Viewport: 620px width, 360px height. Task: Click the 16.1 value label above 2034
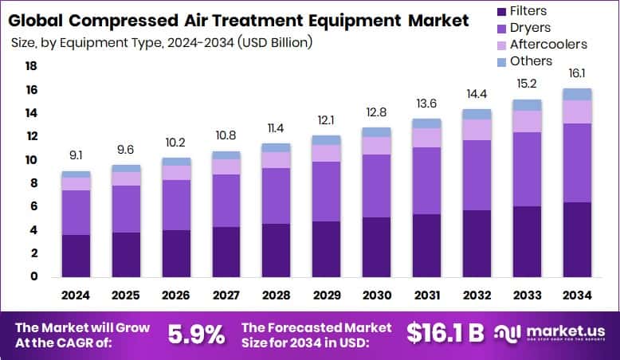click(577, 73)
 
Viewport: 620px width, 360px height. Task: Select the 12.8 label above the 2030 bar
click(376, 112)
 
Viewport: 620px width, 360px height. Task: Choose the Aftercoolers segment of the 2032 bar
click(477, 130)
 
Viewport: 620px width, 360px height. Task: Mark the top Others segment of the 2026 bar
click(176, 162)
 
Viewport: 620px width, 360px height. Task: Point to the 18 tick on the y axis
click(32, 66)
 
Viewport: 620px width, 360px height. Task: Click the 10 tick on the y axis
click(32, 160)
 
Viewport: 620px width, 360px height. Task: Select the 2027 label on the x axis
click(226, 295)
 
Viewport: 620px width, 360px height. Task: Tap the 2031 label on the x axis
click(427, 295)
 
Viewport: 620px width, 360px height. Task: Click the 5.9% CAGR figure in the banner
click(196, 334)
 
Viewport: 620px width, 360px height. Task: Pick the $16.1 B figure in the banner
click(445, 334)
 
